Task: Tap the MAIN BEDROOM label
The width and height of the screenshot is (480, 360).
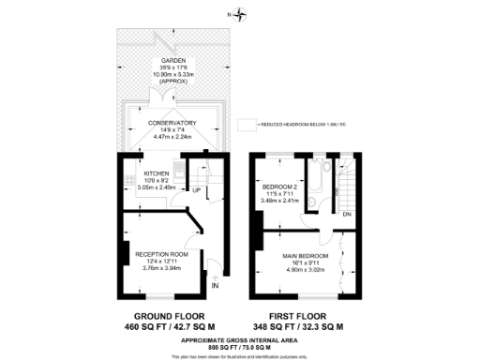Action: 306,255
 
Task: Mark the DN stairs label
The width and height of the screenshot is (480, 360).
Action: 346,215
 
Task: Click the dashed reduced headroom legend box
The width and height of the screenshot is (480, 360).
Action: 247,123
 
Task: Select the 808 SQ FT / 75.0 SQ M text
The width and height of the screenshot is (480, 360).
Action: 239,345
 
